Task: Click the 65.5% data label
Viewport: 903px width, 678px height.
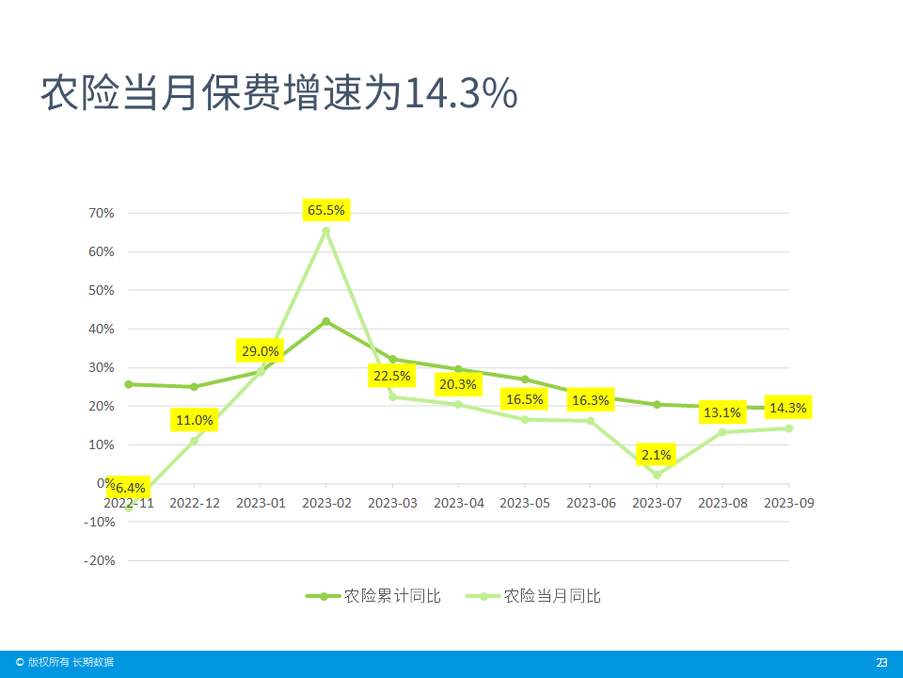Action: pyautogui.click(x=326, y=210)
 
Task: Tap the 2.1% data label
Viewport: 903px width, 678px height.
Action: pyautogui.click(x=657, y=455)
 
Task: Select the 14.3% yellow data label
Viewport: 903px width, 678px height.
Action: pyautogui.click(x=787, y=408)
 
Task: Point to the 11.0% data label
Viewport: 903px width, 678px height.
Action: pyautogui.click(x=195, y=420)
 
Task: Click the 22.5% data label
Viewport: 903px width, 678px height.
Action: pyautogui.click(x=392, y=376)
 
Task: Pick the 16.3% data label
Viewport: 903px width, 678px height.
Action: pyautogui.click(x=591, y=400)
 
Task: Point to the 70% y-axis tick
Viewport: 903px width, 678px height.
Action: pyautogui.click(x=102, y=214)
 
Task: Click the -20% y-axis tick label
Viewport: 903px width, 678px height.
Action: pyautogui.click(x=99, y=560)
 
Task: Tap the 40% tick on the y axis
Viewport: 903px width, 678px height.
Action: pyautogui.click(x=102, y=330)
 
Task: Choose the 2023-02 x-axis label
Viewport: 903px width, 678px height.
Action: pyautogui.click(x=326, y=504)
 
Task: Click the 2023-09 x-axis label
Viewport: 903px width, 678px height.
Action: pyautogui.click(x=788, y=504)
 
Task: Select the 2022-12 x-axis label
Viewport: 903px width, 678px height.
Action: pyautogui.click(x=195, y=504)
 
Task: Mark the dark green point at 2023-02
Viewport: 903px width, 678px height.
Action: pyautogui.click(x=326, y=321)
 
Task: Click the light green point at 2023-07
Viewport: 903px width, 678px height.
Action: pyautogui.click(x=657, y=475)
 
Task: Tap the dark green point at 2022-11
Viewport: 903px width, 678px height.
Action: pyautogui.click(x=129, y=384)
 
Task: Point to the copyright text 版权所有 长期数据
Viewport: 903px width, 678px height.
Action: pyautogui.click(x=71, y=662)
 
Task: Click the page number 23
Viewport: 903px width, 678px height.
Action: pyautogui.click(x=881, y=662)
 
